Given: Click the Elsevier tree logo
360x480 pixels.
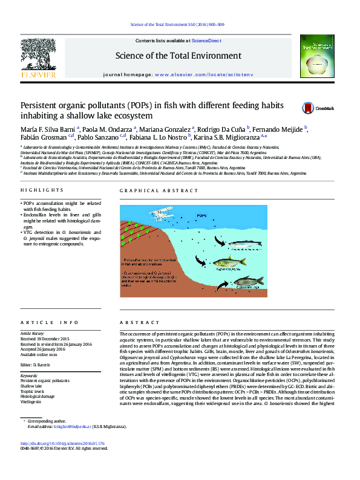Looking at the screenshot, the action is tap(38, 57).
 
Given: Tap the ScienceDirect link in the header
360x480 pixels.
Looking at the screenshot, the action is tap(206, 40).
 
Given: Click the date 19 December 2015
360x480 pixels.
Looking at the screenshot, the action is tap(53, 339).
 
